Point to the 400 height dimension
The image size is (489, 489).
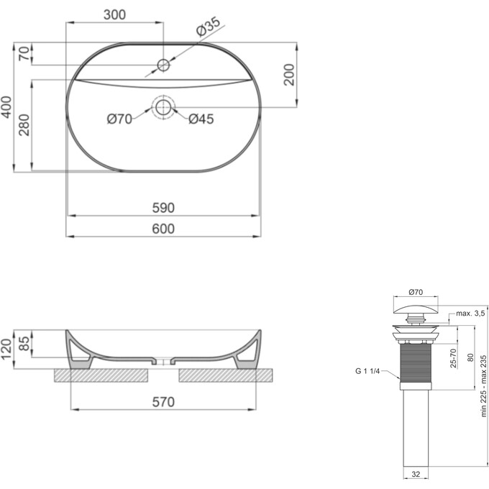pos(8,108)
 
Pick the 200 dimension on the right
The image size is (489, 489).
pos(288,74)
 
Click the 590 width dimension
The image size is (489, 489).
pos(164,207)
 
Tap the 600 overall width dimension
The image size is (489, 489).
pos(164,229)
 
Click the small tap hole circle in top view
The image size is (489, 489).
pos(164,66)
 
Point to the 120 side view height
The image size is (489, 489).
pos(8,350)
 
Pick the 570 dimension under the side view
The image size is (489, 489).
pos(164,403)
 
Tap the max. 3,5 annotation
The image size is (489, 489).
pos(471,314)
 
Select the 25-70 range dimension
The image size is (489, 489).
pos(453,357)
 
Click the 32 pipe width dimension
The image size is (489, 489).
pos(416,474)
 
